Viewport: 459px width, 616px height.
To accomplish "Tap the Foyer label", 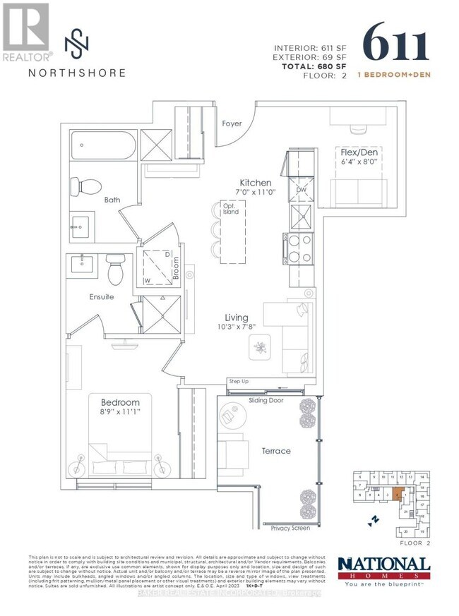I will (x=232, y=123).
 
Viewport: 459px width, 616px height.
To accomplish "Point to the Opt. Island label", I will (x=231, y=209).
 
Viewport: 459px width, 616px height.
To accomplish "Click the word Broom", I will (x=177, y=267).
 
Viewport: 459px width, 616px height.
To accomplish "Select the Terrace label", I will (x=275, y=451).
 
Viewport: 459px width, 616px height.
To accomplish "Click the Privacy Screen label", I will (x=290, y=527).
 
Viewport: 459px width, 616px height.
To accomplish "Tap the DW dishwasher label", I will (x=301, y=190).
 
